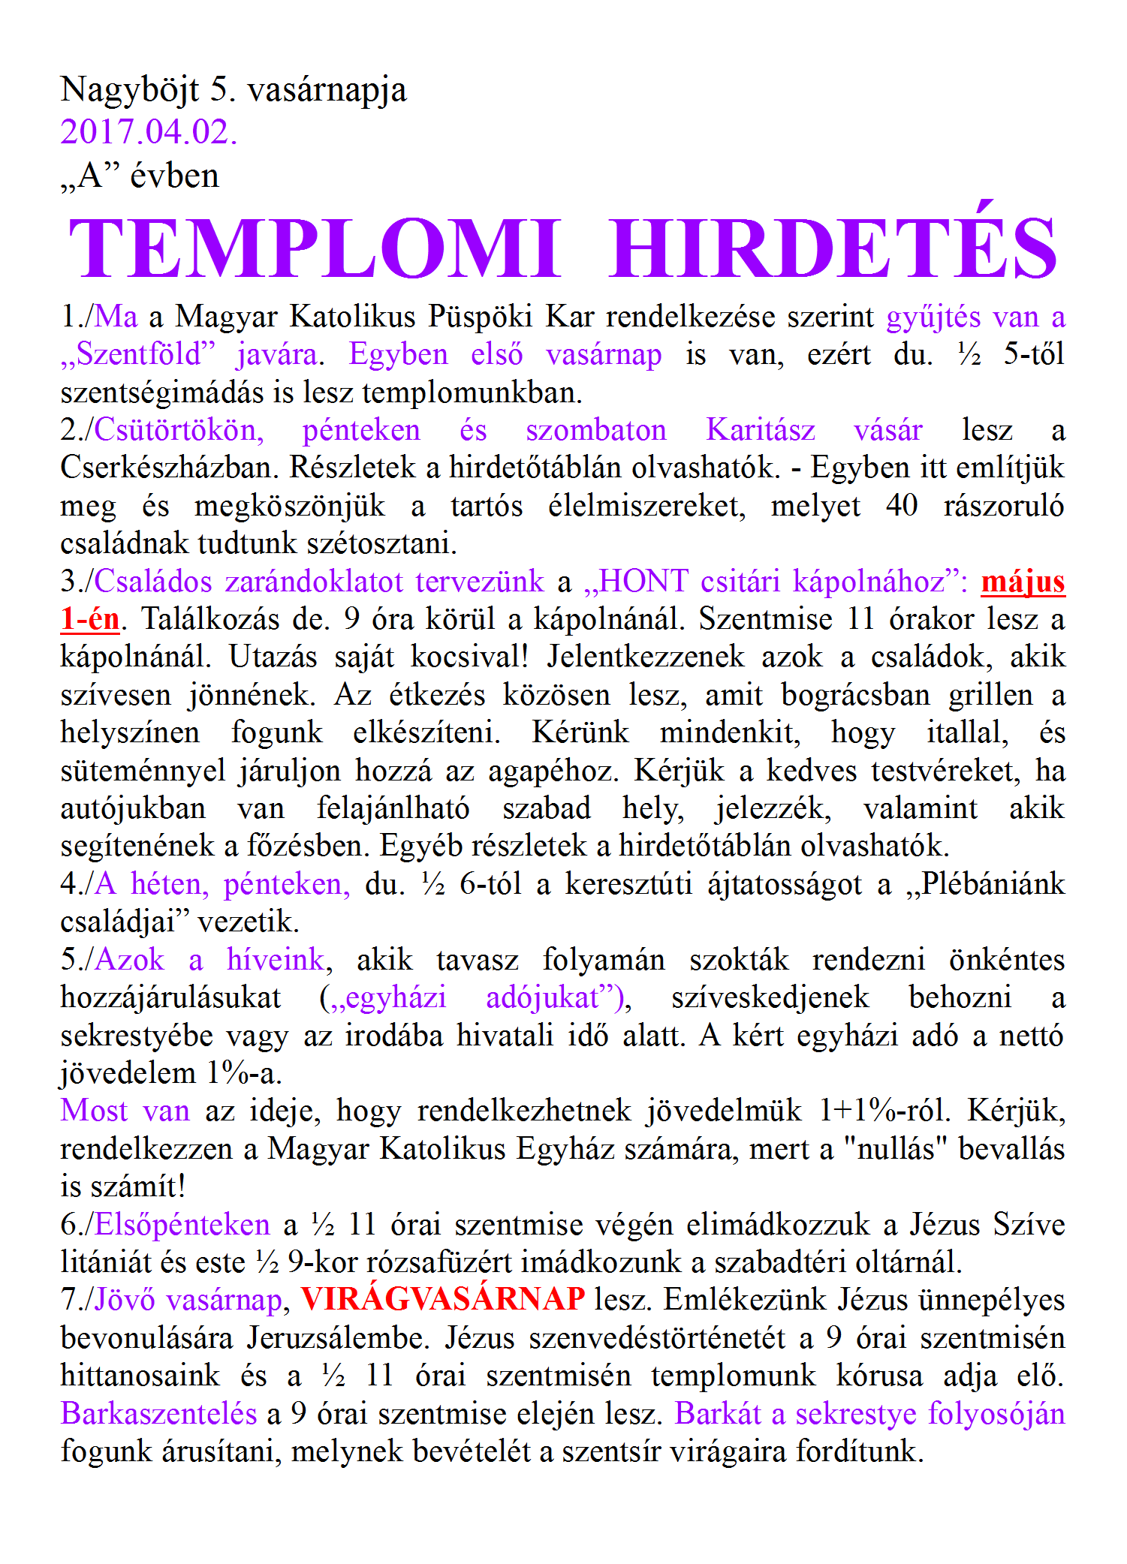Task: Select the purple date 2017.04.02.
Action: [x=149, y=132]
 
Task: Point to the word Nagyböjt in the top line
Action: [x=129, y=90]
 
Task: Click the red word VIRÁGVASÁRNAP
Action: [x=443, y=1299]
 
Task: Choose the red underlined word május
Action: [x=1023, y=582]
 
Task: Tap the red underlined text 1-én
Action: [x=90, y=620]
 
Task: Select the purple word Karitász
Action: [x=761, y=431]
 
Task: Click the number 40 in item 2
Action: [x=902, y=506]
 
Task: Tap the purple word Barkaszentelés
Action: [x=159, y=1414]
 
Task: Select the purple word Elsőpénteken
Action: [x=182, y=1225]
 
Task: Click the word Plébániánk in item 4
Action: [x=992, y=884]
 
